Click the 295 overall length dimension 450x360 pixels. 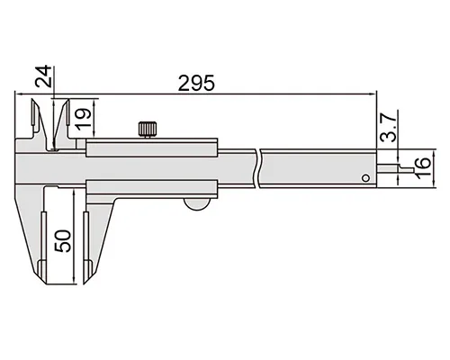tap(196, 83)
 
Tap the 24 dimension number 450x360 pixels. tap(43, 76)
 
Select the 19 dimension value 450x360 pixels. tap(83, 119)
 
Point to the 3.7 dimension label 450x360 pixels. tap(388, 128)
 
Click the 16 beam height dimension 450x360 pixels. tap(423, 167)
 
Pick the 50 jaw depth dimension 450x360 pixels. tap(63, 241)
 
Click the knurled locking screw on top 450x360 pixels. tap(148, 130)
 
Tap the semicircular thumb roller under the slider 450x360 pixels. tap(197, 203)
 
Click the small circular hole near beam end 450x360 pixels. tap(365, 178)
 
